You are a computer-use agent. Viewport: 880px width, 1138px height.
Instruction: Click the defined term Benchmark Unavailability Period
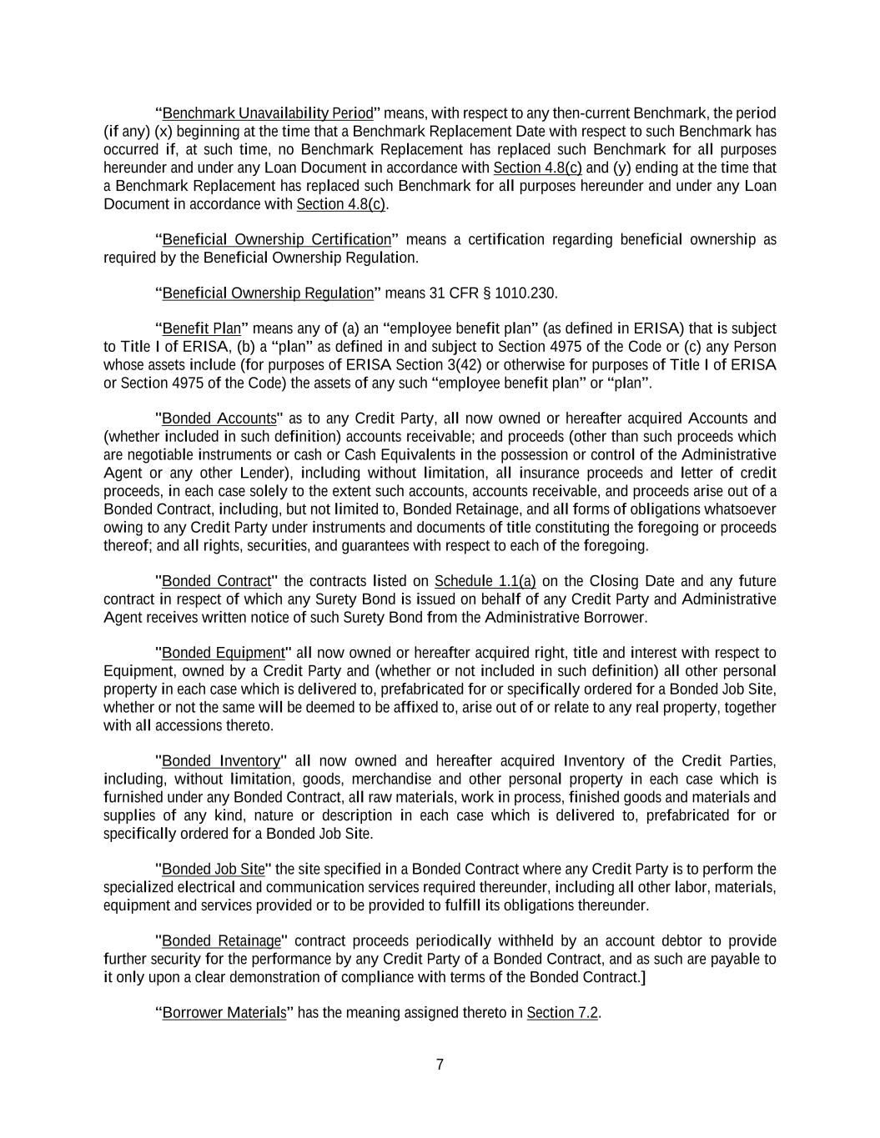(x=268, y=113)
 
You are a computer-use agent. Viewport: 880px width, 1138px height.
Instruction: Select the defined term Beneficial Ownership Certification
(x=276, y=240)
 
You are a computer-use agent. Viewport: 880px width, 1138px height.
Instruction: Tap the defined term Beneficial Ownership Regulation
(x=268, y=293)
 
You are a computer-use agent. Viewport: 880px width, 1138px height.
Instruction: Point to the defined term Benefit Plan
(x=201, y=328)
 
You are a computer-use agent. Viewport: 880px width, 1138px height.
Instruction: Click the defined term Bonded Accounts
(x=219, y=419)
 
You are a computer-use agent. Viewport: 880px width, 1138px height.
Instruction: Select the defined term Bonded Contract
(x=217, y=581)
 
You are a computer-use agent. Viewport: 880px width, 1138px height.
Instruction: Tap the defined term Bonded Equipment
(x=223, y=653)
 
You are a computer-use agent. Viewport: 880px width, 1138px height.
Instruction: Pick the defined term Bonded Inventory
(x=220, y=761)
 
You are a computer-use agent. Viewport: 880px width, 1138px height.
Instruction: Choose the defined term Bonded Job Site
(x=213, y=870)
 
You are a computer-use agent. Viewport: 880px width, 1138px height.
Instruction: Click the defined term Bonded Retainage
(x=221, y=941)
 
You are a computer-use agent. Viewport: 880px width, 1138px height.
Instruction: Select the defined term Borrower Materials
(x=224, y=1013)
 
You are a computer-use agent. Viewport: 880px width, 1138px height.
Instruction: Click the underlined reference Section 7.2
(x=562, y=1013)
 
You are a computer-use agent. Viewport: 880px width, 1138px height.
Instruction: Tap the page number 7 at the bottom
(x=440, y=1065)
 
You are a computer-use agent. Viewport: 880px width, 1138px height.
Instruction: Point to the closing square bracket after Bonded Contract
(x=643, y=977)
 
